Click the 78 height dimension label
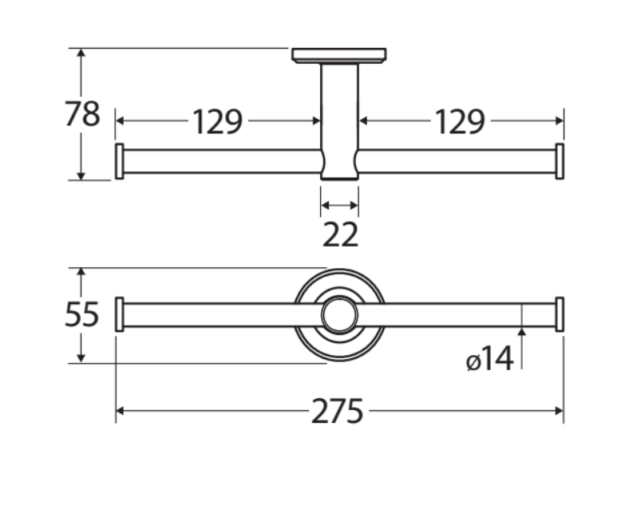[82, 114]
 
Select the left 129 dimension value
[218, 121]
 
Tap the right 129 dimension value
[460, 121]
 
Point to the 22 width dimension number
[340, 235]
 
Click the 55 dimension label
[81, 314]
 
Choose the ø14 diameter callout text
[490, 359]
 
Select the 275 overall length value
[338, 411]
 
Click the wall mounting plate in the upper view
[339, 56]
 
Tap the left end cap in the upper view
[119, 161]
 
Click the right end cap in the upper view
[560, 161]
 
